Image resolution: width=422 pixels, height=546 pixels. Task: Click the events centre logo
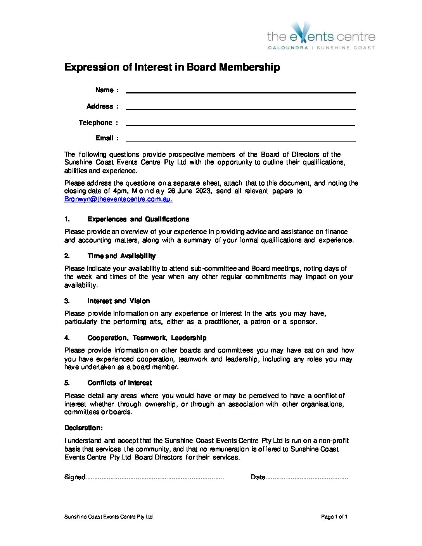(x=321, y=36)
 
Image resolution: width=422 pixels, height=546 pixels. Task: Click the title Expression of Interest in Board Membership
(x=172, y=67)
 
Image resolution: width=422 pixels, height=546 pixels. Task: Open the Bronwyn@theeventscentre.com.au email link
(x=118, y=199)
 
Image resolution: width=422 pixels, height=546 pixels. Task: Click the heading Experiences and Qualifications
(x=138, y=219)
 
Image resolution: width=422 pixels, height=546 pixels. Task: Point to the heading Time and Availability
(x=121, y=256)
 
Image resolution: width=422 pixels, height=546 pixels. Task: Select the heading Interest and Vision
(x=118, y=301)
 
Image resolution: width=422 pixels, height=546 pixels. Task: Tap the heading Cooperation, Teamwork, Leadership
(x=147, y=338)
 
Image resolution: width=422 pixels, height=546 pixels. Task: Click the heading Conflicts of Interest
(x=119, y=383)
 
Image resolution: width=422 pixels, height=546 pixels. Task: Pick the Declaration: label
(x=83, y=428)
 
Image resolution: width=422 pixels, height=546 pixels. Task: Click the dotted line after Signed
(x=155, y=478)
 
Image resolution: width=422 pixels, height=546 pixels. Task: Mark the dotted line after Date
(x=307, y=478)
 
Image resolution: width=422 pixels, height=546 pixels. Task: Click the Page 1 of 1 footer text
(x=334, y=517)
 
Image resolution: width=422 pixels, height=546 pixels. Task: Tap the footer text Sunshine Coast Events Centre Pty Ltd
(x=108, y=517)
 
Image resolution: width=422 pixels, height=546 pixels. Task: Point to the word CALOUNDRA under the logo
(x=288, y=48)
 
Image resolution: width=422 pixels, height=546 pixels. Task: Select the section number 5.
(x=67, y=383)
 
